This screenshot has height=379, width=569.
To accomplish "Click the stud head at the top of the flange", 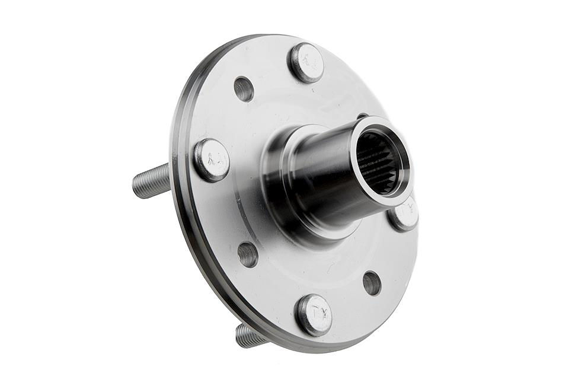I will (x=306, y=63).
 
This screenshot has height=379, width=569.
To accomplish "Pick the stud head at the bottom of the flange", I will (x=314, y=314).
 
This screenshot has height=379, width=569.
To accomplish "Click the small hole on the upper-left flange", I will (x=244, y=89).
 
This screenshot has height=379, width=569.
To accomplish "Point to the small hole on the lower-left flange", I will (x=248, y=254).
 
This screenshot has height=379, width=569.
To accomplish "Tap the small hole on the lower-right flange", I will (x=372, y=283).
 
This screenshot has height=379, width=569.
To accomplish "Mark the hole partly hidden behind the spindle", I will (x=362, y=116).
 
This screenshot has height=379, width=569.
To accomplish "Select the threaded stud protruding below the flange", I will (x=249, y=336).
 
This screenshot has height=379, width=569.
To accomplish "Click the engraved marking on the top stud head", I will (x=307, y=60).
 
